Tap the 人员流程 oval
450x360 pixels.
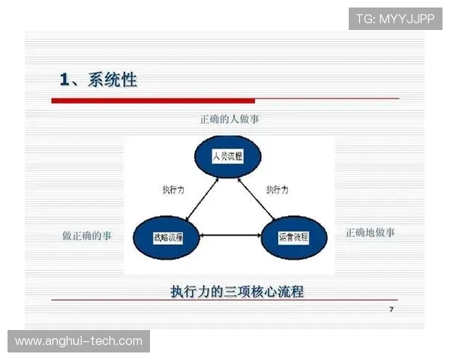[226, 157]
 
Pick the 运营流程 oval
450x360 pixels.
[294, 237]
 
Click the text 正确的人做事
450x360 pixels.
[229, 119]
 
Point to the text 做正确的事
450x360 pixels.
[87, 235]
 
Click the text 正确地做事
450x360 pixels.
[370, 232]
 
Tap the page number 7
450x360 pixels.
[391, 310]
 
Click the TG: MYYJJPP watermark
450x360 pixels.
[395, 19]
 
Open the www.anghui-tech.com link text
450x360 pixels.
[79, 341]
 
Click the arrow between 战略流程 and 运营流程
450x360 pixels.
[231, 237]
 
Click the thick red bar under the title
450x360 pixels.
[153, 100]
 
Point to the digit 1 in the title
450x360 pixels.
[65, 79]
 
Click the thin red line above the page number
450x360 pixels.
[225, 300]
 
